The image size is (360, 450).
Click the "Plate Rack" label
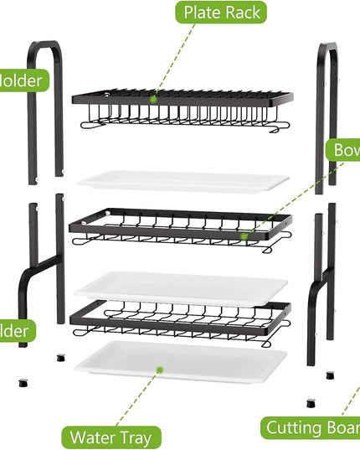[221, 13]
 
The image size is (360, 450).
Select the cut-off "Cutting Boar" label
[311, 428]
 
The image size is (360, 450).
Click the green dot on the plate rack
[153, 98]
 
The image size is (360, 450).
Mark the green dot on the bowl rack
[244, 236]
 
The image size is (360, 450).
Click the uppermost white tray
[183, 182]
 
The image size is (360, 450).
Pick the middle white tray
[181, 287]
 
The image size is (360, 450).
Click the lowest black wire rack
[181, 320]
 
